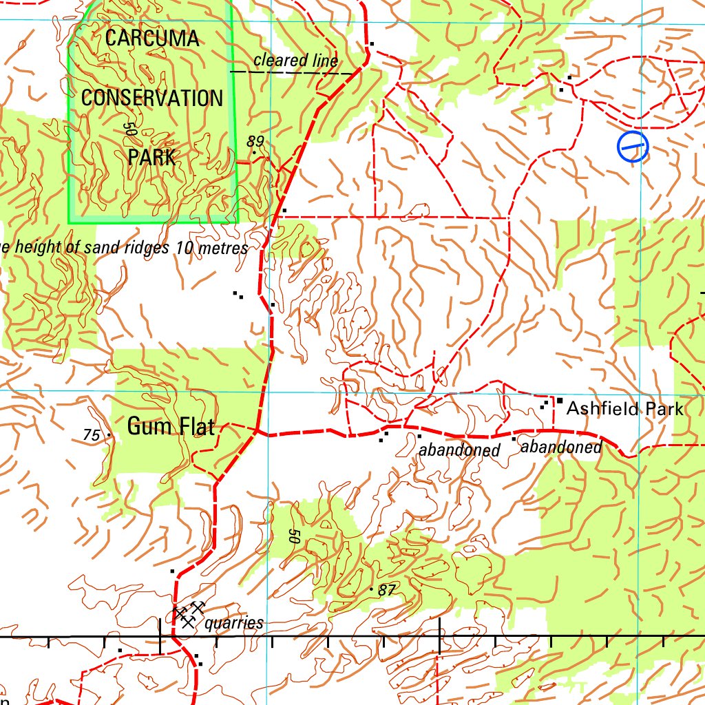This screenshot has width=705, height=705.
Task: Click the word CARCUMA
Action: [152, 39]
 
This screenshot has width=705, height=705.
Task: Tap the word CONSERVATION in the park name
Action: [152, 98]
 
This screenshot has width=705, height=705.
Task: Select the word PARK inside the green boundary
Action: [151, 158]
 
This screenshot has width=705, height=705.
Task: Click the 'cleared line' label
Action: [295, 61]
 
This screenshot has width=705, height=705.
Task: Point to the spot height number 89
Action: [255, 142]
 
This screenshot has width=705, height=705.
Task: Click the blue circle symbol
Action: [633, 147]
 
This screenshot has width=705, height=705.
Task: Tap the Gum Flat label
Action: [171, 427]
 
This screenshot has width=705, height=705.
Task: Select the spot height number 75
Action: [91, 435]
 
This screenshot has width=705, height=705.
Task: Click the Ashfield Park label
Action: [624, 409]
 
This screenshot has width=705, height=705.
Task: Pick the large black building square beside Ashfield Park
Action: [560, 401]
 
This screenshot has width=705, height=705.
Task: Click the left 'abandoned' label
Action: [459, 451]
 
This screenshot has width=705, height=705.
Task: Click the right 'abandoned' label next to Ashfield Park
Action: [561, 448]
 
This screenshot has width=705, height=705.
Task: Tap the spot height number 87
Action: [388, 590]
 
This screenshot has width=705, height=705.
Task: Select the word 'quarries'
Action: [234, 624]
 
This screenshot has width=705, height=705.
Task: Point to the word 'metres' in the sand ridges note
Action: [222, 249]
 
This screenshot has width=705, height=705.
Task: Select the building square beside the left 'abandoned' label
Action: [419, 436]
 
